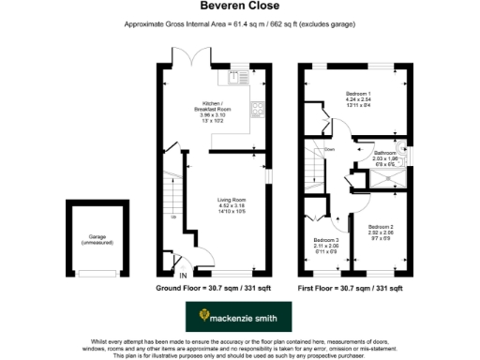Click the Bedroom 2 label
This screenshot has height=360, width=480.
(x=382, y=231)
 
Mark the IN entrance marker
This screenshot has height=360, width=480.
(x=184, y=275)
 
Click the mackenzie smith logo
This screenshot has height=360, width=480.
(x=239, y=318)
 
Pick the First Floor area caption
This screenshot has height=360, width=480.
(x=350, y=288)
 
